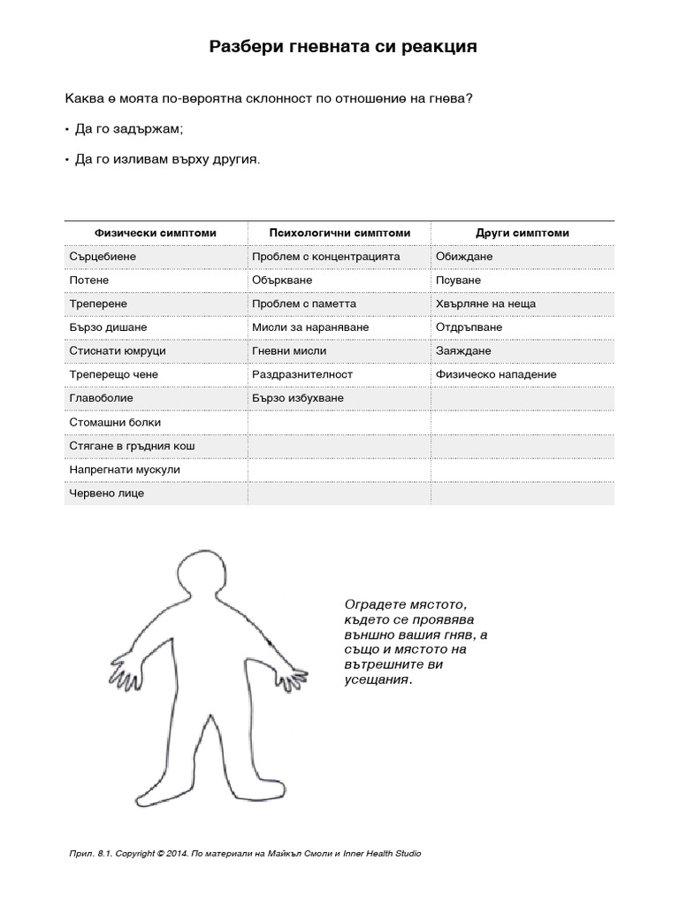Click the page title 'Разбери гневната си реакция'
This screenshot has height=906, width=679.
pos(342,47)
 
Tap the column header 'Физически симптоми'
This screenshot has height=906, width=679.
pos(156,233)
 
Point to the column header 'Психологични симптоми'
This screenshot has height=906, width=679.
pos(339,233)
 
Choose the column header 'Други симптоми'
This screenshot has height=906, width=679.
pos(523,233)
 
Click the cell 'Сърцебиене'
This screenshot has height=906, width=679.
pos(103,256)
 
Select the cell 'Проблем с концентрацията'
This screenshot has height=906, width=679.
pos(326,256)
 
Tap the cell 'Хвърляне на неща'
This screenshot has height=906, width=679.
pos(485,303)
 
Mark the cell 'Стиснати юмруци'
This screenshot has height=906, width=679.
pos(118,351)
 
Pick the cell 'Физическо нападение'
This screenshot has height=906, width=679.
pos(496,374)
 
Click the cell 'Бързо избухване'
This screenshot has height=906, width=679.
pos(298,398)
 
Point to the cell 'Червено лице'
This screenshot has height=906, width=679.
pos(107,493)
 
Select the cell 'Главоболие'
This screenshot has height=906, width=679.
pos(102,398)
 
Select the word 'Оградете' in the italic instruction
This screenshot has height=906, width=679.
pos(370,603)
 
